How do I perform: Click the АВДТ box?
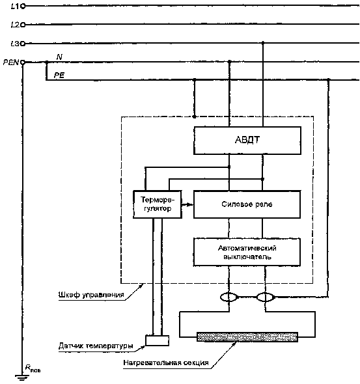point(247,141)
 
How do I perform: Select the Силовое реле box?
point(247,204)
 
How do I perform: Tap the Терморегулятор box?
point(158,204)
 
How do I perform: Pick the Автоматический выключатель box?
point(247,253)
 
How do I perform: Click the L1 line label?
point(15,7)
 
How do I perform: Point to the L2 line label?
point(15,25)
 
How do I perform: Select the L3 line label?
point(15,44)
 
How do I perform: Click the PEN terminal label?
point(11,62)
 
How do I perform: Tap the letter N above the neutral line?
point(59,57)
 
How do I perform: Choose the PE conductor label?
point(59,75)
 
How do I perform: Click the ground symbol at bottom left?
point(21,377)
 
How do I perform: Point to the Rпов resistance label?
point(33,368)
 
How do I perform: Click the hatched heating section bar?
point(247,336)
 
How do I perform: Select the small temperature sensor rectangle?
point(158,340)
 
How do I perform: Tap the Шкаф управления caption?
point(91,295)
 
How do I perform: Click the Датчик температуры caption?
point(96,346)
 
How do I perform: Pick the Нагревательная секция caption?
point(166,363)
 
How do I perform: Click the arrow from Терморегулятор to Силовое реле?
point(187,204)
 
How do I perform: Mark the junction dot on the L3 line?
point(263,43)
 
